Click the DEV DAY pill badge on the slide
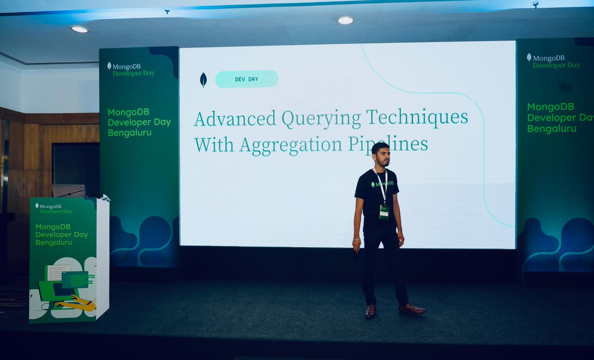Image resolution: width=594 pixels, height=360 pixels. (x=247, y=79)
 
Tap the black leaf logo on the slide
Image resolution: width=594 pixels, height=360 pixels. (x=203, y=79)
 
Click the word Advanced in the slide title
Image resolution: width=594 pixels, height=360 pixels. (x=235, y=119)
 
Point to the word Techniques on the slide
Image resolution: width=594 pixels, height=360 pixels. (x=417, y=118)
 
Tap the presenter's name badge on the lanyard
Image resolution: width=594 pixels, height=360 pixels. (x=384, y=211)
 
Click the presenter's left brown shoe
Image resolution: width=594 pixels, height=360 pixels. (x=412, y=309)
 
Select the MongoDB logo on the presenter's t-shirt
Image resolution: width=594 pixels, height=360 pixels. (x=382, y=184)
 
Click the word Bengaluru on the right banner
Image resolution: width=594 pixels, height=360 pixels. (x=551, y=129)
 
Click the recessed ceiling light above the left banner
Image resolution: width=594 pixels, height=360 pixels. (x=79, y=29)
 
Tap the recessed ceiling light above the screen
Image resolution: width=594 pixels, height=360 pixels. (x=346, y=20)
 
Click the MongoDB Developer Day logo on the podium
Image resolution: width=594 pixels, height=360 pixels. (x=53, y=208)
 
